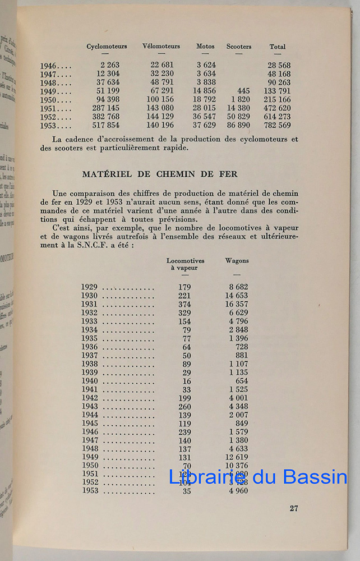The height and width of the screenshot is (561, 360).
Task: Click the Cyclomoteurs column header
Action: (x=107, y=47)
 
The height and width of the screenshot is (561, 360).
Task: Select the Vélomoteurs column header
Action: (x=161, y=47)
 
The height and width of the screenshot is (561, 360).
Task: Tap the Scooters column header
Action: (x=239, y=47)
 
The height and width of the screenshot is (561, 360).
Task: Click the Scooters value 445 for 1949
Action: (x=243, y=91)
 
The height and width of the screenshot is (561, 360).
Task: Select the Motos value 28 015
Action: (x=204, y=108)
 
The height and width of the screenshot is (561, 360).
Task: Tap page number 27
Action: (x=294, y=509)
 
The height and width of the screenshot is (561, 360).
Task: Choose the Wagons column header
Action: (x=237, y=261)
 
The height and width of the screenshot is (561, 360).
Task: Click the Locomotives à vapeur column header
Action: (x=185, y=264)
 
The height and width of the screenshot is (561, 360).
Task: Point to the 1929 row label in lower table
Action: (x=89, y=287)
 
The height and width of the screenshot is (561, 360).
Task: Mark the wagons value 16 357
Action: (x=236, y=305)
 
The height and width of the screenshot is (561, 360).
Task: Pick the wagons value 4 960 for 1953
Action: (x=238, y=491)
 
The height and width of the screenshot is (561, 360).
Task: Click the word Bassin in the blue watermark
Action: (x=316, y=477)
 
